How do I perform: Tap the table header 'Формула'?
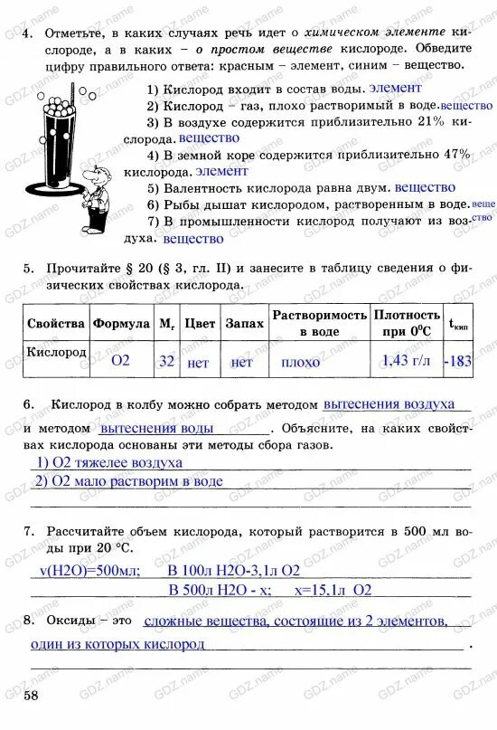[x=121, y=323]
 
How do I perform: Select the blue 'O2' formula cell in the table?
[x=120, y=361]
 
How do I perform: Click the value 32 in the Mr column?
[x=166, y=361]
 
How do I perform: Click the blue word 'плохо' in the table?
[x=300, y=362]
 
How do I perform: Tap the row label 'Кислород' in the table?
[x=55, y=351]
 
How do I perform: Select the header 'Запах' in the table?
[x=244, y=323]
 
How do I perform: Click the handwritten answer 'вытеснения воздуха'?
[x=389, y=404]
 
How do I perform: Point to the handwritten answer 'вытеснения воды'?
[x=156, y=428]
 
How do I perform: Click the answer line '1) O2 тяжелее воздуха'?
[x=109, y=462]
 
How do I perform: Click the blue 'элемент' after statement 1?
[x=396, y=88]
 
